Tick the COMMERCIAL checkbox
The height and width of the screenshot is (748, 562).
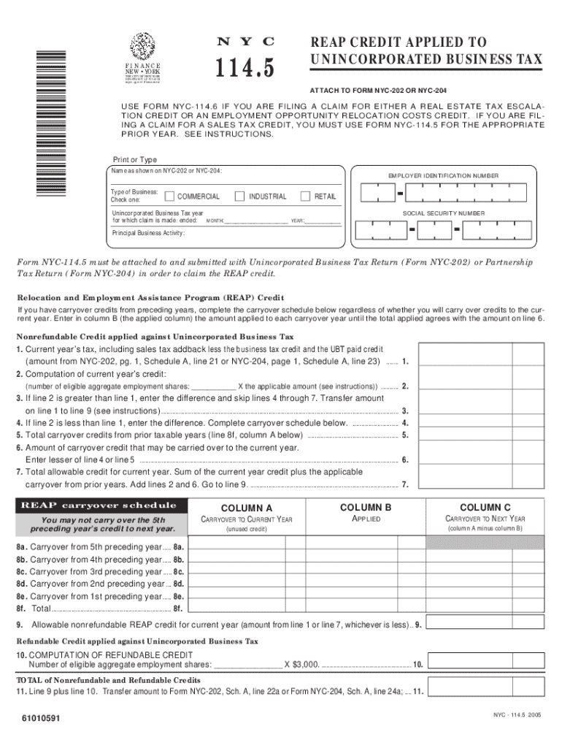click(169, 196)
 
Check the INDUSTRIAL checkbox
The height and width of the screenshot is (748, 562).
click(238, 196)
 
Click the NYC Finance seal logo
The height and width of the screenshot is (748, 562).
click(142, 47)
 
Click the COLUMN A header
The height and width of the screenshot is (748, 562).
click(247, 508)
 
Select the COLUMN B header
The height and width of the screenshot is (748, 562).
click(366, 507)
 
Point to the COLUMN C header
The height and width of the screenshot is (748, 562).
click(485, 507)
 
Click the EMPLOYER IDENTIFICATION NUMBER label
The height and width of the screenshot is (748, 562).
click(443, 176)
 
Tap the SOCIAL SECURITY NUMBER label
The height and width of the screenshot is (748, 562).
click(443, 213)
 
